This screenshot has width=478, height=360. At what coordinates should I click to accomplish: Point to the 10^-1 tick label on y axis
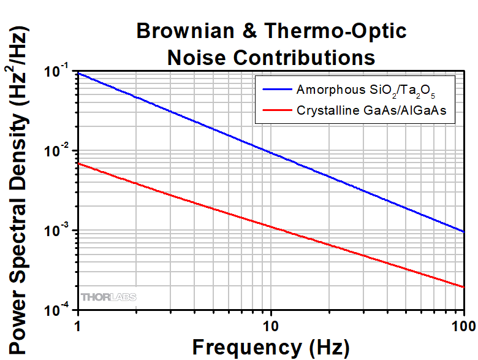[56, 71]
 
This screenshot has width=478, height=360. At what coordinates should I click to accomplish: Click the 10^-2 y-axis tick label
[56, 151]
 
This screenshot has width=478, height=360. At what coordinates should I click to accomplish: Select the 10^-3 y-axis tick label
[56, 231]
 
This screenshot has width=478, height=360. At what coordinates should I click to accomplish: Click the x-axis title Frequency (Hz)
[271, 347]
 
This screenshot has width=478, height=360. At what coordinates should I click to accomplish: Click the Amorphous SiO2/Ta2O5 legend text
[366, 90]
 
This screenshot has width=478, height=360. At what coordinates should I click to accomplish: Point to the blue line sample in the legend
[277, 89]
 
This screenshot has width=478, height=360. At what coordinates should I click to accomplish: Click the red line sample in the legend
[277, 111]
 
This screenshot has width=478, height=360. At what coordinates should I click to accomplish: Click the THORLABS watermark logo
[108, 297]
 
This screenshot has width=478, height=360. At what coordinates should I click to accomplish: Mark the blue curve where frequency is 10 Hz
[270, 151]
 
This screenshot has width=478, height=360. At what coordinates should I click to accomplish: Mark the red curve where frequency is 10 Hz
[270, 226]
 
